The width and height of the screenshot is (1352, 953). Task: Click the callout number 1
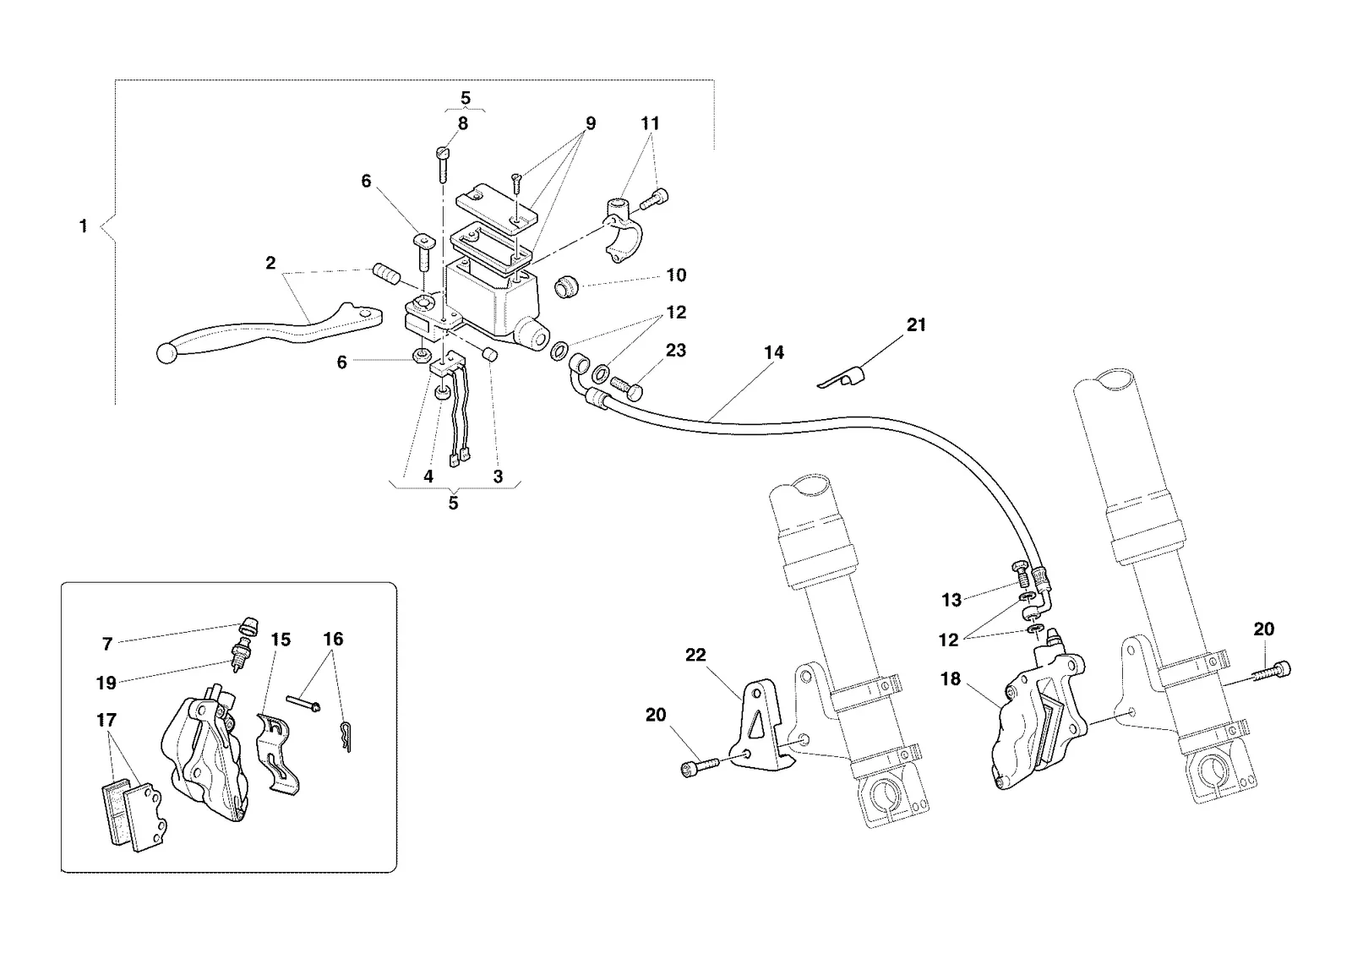click(x=84, y=226)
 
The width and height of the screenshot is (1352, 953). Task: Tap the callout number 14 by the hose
click(x=774, y=352)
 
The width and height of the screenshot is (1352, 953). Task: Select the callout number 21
click(x=916, y=324)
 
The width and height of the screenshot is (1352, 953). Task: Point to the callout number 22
click(x=695, y=655)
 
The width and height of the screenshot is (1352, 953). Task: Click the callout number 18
click(x=951, y=679)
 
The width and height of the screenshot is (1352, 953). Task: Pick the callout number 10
click(x=676, y=275)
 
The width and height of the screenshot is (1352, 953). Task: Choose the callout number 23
click(x=676, y=351)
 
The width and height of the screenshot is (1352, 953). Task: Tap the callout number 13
click(x=951, y=600)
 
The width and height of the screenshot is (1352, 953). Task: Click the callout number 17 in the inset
click(x=106, y=720)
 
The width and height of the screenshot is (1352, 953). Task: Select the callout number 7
click(x=107, y=644)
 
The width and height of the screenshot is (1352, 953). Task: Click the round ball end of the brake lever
click(x=166, y=354)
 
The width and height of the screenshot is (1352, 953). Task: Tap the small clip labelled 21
click(x=841, y=377)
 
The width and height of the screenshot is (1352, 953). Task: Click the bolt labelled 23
click(x=627, y=387)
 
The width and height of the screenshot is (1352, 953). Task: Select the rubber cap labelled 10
click(x=566, y=286)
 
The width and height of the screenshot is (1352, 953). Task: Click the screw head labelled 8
click(x=443, y=152)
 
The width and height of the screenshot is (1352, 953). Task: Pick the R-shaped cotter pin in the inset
click(x=346, y=737)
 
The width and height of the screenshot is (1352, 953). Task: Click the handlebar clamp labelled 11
click(x=622, y=231)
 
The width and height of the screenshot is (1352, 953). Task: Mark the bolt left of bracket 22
click(x=701, y=766)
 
